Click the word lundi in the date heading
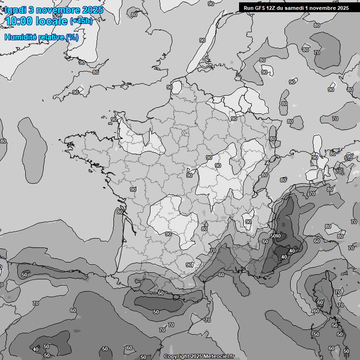pyautogui.click(x=16, y=10)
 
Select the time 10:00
pyautogui.click(x=19, y=22)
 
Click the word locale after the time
pyautogui.click(x=52, y=22)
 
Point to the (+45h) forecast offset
pyautogui.click(x=81, y=21)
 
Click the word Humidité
pyautogui.click(x=19, y=37)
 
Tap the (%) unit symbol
pyautogui.click(x=72, y=37)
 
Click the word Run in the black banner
pyautogui.click(x=249, y=7)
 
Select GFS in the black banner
pyautogui.click(x=261, y=7)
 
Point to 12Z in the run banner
pyautogui.click(x=274, y=7)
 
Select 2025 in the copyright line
pyautogui.click(x=196, y=357)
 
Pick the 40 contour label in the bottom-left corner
pyautogui.click(x=36, y=349)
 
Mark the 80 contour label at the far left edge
pyautogui.click(x=3, y=141)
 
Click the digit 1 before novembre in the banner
pyautogui.click(x=313, y=7)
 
